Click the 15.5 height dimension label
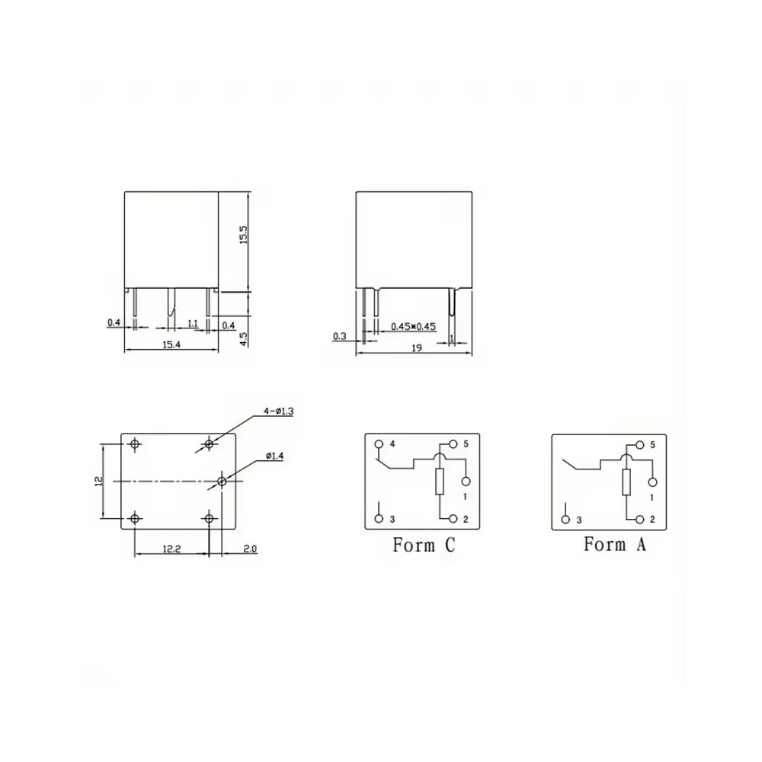[244, 234]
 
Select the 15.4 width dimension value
[171, 344]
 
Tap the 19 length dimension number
[417, 348]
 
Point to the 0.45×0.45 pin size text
[414, 326]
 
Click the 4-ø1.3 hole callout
[278, 411]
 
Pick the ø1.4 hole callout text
[274, 456]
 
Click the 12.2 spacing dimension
[171, 549]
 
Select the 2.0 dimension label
[250, 549]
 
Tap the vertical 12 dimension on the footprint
[98, 481]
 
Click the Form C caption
[424, 545]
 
